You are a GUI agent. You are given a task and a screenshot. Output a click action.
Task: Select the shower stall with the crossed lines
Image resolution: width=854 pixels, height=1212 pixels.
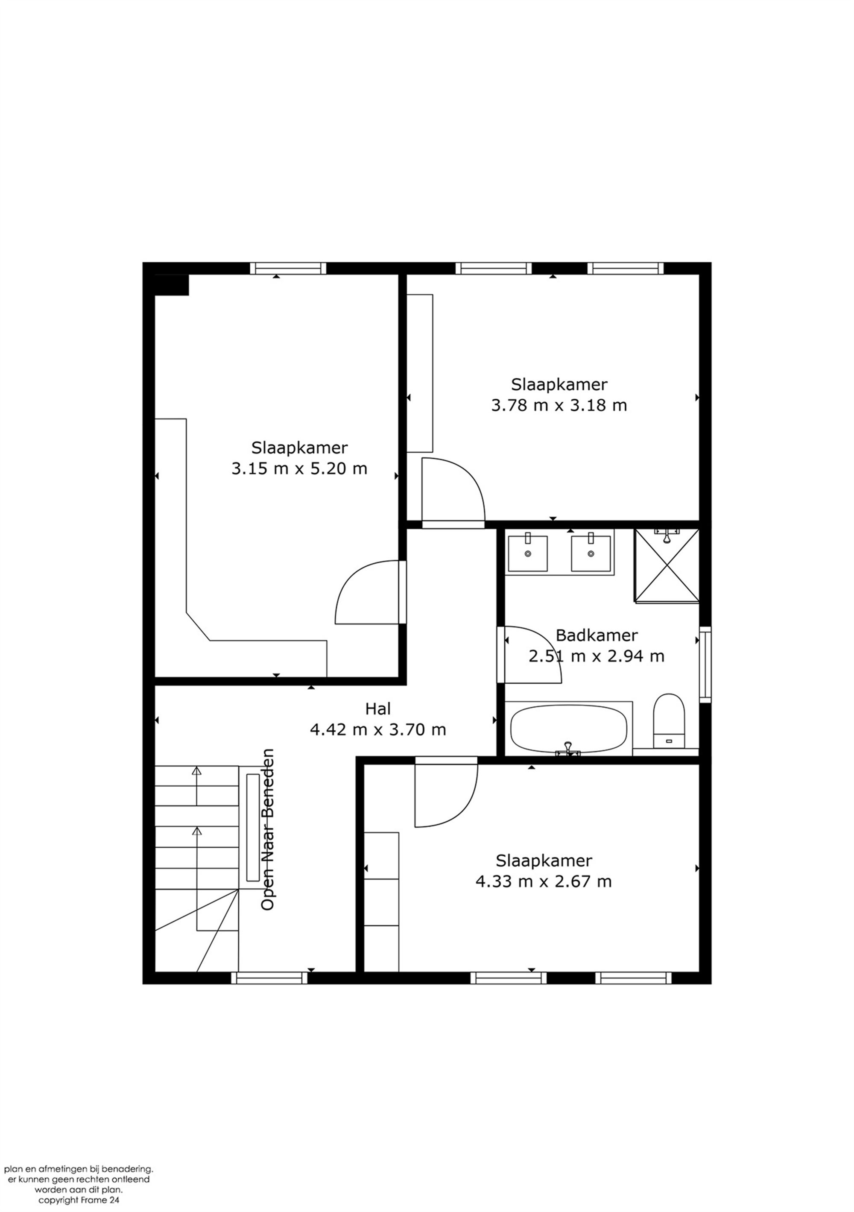[667, 565]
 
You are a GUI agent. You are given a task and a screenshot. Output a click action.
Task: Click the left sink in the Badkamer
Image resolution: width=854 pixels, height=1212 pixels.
[527, 553]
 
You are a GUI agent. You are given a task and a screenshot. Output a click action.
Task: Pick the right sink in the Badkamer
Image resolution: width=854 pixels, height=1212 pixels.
[591, 553]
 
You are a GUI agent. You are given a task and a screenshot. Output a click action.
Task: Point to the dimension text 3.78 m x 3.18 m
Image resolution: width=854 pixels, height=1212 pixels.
[559, 405]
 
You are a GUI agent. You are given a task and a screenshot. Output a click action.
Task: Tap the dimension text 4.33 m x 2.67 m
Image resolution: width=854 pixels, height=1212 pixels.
[544, 881]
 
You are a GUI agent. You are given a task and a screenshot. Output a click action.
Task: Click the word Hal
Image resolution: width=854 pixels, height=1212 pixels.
[378, 708]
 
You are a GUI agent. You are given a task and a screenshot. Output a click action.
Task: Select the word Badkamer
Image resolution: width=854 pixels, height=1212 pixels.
[597, 635]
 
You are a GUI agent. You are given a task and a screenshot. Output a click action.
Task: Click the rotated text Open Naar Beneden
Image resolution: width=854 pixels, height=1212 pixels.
[268, 829]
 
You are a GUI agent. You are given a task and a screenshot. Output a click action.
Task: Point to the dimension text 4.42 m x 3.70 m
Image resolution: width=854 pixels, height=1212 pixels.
[378, 729]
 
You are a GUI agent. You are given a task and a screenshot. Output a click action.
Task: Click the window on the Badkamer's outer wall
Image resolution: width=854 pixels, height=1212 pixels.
[705, 664]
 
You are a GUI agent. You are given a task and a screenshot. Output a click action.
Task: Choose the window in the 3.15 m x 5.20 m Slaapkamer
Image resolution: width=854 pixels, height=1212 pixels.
[288, 268]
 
